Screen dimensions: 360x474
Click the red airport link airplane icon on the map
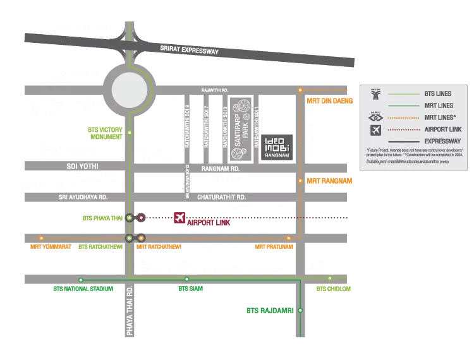pos(179,219)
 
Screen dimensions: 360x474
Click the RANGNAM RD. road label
pos(220,169)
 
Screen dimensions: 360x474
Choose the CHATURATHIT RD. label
pos(221,197)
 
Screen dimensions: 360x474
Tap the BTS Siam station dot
pos(186,279)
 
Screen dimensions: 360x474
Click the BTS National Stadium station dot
pos(81,279)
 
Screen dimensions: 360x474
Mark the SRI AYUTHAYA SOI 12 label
pos(188,182)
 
